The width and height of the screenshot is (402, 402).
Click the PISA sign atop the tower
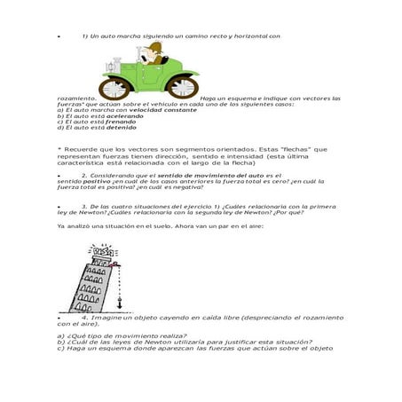(105, 251)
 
